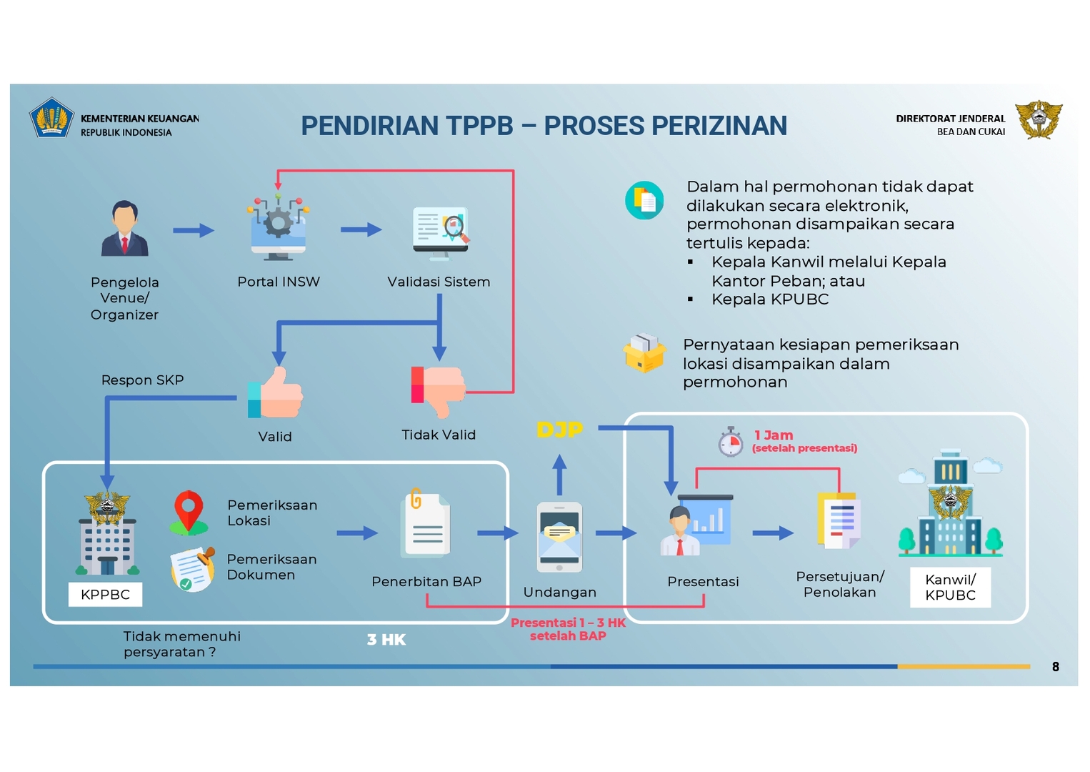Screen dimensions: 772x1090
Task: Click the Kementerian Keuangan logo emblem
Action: [x=51, y=118]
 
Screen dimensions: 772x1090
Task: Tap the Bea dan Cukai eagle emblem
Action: [x=1039, y=119]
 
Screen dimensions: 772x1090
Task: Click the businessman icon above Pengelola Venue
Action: [x=124, y=229]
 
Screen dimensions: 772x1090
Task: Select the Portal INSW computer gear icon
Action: [x=279, y=227]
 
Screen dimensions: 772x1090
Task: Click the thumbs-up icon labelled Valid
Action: [x=276, y=392]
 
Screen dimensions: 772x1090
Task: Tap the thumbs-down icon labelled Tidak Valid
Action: [x=438, y=390]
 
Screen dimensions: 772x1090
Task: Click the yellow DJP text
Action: [x=559, y=430]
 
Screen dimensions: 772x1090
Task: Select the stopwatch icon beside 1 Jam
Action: [x=730, y=442]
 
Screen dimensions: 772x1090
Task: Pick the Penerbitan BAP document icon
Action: [x=426, y=525]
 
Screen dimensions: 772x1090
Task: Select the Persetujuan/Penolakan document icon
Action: [x=839, y=522]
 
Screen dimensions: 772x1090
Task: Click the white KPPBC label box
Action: [x=105, y=595]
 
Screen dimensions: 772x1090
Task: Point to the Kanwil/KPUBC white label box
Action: [x=950, y=588]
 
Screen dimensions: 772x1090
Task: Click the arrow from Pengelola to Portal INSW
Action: [x=193, y=230]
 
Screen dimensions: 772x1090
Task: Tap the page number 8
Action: [x=1055, y=667]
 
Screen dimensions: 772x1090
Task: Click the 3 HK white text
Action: [x=386, y=640]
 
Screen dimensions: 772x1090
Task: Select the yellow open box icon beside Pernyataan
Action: [x=644, y=353]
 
